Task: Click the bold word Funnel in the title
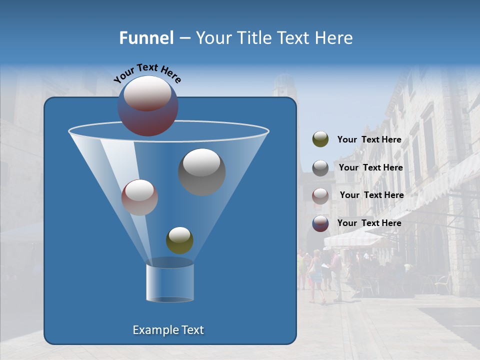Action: click(146, 38)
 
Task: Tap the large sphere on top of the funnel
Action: click(147, 105)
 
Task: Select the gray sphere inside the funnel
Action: click(201, 171)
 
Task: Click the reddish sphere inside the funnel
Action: click(139, 197)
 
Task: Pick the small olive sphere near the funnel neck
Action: click(179, 240)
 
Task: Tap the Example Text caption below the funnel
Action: click(168, 330)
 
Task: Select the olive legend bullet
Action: click(320, 139)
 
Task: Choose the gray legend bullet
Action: click(320, 167)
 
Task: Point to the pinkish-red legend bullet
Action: click(320, 195)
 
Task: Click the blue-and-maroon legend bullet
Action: click(320, 223)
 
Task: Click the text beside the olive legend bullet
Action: click(369, 140)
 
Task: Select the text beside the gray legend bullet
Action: click(370, 168)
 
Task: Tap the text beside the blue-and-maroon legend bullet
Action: click(369, 223)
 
